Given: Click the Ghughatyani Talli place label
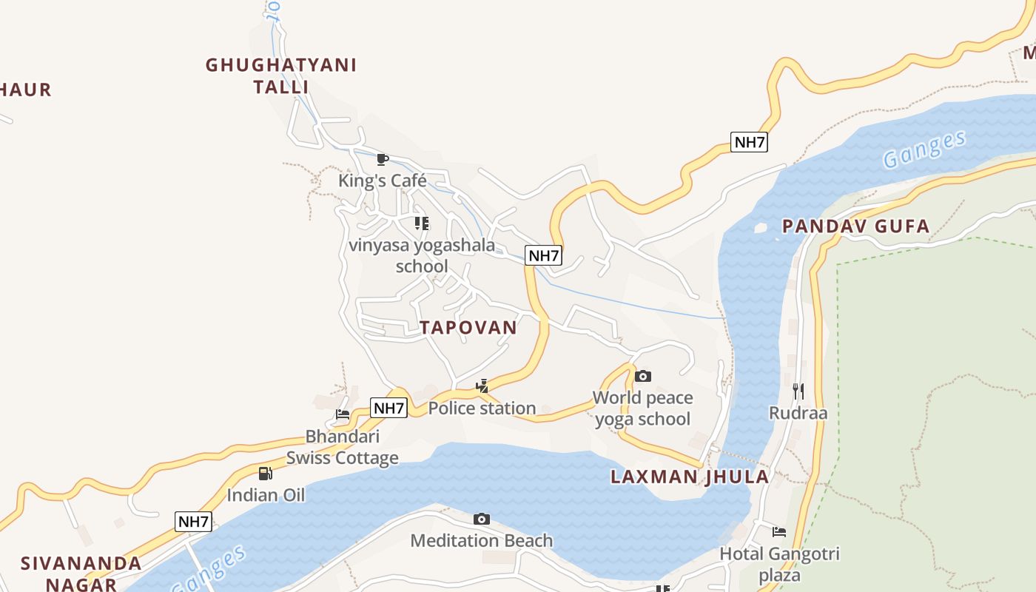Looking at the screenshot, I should (281, 75).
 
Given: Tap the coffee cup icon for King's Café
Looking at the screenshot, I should (383, 159).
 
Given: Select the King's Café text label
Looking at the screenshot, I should (383, 181).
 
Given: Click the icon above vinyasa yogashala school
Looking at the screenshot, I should (421, 223).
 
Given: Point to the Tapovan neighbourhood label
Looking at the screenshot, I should (468, 328).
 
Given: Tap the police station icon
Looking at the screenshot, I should (482, 386).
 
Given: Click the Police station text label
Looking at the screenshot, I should (482, 408).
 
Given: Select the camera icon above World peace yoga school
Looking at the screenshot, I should (642, 376).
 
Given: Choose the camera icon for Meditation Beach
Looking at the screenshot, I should (481, 519).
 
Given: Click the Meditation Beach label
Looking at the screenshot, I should (481, 541).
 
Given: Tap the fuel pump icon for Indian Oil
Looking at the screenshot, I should (265, 473).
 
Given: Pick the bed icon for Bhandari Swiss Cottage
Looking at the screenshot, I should (342, 414).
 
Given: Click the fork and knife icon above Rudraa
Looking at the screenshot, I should (798, 390).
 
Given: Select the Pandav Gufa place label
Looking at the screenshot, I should (855, 226).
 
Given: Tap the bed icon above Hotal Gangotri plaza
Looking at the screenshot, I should (778, 531).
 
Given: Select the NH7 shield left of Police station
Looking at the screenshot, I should (388, 408).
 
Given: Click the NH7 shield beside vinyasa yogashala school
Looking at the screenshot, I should (544, 255).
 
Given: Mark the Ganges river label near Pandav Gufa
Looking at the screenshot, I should (924, 149).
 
